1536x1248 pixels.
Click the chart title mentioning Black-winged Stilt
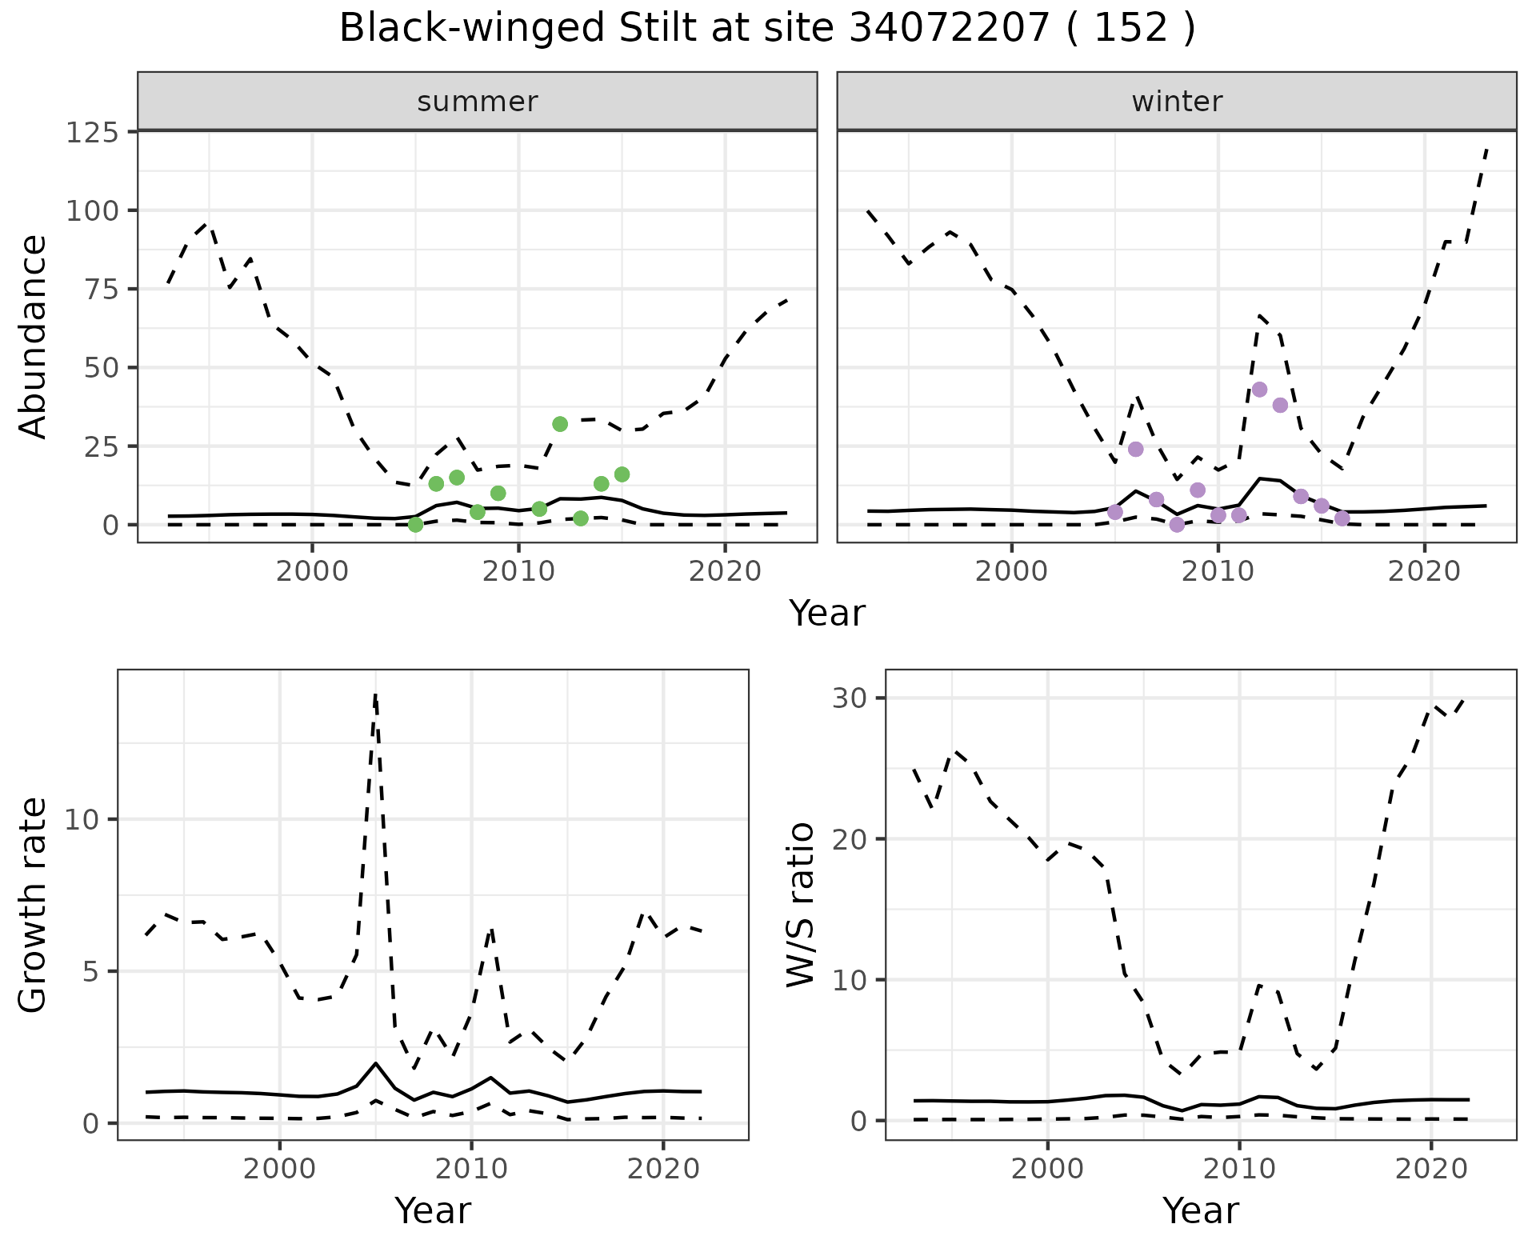pyautogui.click(x=767, y=29)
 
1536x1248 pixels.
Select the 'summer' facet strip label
pyautogui.click(x=478, y=102)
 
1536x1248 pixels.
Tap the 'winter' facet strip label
pyautogui.click(x=1177, y=102)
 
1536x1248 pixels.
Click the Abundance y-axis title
pyautogui.click(x=34, y=337)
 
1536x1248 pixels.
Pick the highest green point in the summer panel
pyautogui.click(x=560, y=424)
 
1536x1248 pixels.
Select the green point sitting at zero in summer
pyautogui.click(x=415, y=525)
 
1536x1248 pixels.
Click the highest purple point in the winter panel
pyautogui.click(x=1259, y=390)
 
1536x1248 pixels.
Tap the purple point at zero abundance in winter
pyautogui.click(x=1177, y=525)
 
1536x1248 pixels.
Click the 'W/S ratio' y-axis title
pyautogui.click(x=800, y=905)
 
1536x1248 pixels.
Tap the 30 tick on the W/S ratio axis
pyautogui.click(x=850, y=698)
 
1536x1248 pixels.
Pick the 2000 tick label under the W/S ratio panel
pyautogui.click(x=1047, y=1169)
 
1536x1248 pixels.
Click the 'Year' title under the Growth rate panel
pyautogui.click(x=433, y=1211)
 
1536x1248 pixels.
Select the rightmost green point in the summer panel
pyautogui.click(x=622, y=474)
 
